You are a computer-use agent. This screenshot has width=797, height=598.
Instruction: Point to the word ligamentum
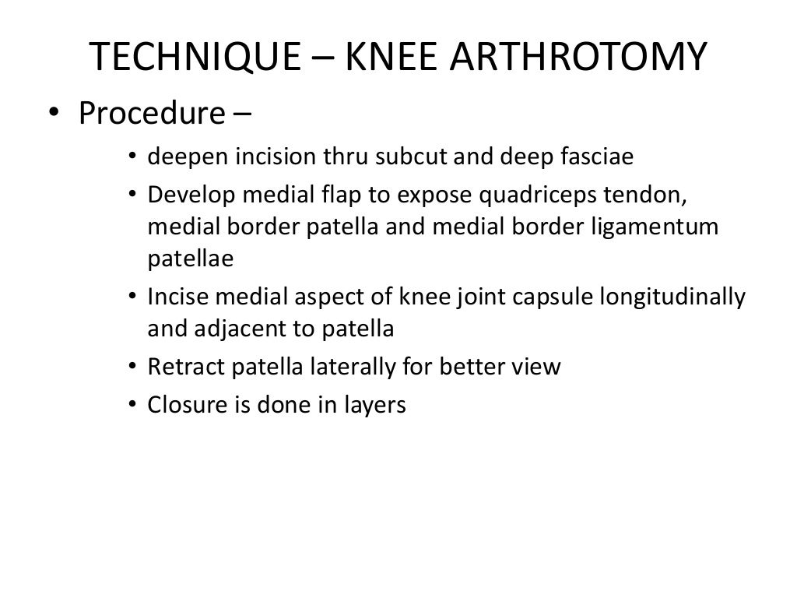pyautogui.click(x=676, y=227)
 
